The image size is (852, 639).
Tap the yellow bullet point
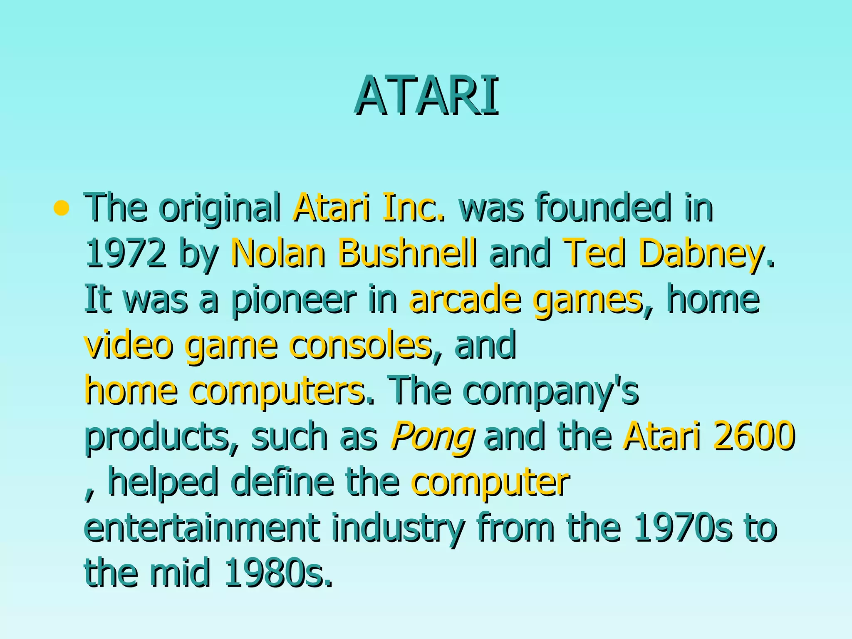pos(61,208)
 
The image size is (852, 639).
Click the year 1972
pos(125,253)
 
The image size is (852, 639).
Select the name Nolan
pos(277,253)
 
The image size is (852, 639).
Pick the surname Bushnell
pos(407,253)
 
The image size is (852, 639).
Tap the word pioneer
pos(293,300)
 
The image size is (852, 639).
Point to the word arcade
pos(465,300)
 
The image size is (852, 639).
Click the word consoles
pos(360,345)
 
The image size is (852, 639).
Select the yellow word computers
pos(277,391)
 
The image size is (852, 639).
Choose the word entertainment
pos(202,528)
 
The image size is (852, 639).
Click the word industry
pos(397,528)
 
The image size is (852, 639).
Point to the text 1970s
pos(683,528)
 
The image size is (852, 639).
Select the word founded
pos(603,208)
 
